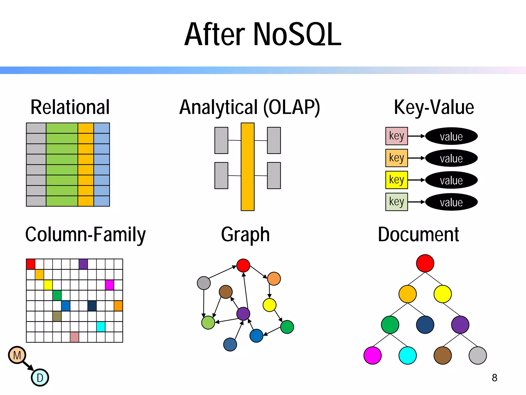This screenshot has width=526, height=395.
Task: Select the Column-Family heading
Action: pos(85,235)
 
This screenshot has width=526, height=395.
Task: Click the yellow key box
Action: pos(396,180)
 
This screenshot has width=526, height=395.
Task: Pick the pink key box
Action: pos(396,136)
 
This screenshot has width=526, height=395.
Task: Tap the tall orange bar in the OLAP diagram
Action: pos(248,167)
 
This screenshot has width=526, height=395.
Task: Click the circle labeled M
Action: pos(17,355)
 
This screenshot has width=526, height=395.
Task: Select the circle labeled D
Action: pos(40,378)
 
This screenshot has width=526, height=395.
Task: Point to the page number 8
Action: pos(494,378)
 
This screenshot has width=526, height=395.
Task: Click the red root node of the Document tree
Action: pos(425,263)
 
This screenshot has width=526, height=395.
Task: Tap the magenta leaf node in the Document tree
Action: pos(372,355)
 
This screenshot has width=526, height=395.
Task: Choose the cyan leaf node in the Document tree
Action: pos(407,355)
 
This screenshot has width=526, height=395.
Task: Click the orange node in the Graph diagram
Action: pos(274,279)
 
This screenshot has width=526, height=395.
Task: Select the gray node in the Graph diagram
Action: pos(204,283)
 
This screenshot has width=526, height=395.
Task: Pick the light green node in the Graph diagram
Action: pos(208,323)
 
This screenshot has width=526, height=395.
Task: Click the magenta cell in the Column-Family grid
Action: pos(109,285)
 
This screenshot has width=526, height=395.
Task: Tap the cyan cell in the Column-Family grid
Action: pos(101,327)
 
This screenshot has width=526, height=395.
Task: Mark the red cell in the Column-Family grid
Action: pos(31,264)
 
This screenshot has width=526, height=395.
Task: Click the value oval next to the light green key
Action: pos(451,202)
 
